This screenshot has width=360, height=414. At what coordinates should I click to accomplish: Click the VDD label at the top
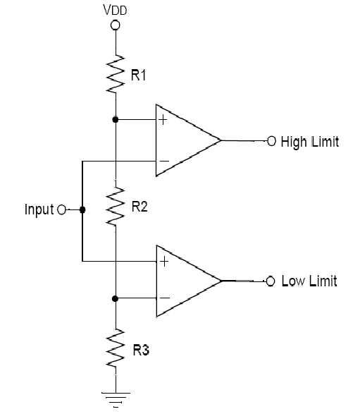coord(115,10)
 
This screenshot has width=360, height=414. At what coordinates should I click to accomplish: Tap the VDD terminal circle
coord(116,25)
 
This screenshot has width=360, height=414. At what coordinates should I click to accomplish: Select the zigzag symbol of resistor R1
coord(116,74)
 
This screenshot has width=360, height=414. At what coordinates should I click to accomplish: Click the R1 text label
coord(138,75)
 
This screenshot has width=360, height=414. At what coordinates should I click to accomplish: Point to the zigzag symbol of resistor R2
coord(116,207)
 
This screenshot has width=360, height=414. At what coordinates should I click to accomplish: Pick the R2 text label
coord(139,207)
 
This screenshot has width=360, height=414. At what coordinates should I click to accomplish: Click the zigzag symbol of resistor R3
coord(116,348)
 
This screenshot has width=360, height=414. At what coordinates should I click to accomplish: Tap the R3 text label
coord(141,350)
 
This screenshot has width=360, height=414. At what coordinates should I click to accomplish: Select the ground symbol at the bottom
coord(116,399)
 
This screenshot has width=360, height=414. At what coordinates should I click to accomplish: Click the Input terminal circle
coord(62,210)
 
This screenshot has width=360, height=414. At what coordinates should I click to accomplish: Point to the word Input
coord(39,210)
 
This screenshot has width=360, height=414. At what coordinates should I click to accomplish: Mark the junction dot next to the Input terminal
coord(82,210)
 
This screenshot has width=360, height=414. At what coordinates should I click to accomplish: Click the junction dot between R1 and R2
coord(116,120)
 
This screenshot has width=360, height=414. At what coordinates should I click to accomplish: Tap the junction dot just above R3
coord(115,298)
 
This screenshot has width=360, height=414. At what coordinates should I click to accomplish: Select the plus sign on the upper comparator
coord(163,120)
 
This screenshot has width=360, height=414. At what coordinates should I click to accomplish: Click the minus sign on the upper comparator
coord(165,161)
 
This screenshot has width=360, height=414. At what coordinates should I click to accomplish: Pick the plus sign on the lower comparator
coord(164,262)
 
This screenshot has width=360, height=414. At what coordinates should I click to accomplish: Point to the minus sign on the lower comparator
coord(165,298)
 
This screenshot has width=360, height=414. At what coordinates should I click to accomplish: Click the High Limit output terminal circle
coord(272,141)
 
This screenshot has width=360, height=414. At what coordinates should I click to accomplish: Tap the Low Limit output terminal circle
coord(271,281)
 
